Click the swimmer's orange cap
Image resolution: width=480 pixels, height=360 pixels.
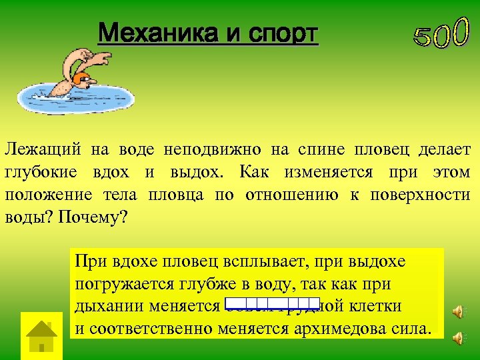click(x=83, y=80)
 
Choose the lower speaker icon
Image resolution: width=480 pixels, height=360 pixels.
click(x=457, y=339)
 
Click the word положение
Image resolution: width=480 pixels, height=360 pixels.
click(x=49, y=195)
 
